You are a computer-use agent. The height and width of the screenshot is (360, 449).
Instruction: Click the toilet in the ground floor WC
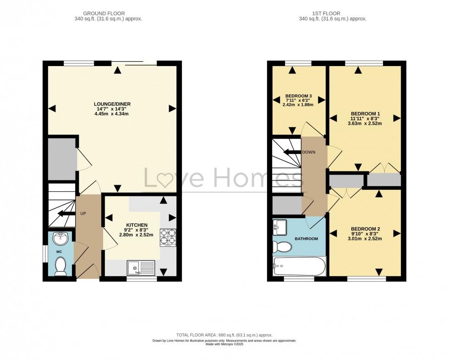click(60, 266)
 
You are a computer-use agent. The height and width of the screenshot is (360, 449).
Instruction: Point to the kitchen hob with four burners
click(168, 237)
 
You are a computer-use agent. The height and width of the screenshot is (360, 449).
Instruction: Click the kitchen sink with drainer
click(141, 267)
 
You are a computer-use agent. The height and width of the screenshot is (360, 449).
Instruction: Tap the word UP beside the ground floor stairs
click(83, 214)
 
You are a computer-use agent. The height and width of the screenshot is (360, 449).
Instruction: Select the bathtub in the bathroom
click(299, 266)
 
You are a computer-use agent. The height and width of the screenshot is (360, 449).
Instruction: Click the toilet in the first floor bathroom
click(281, 247)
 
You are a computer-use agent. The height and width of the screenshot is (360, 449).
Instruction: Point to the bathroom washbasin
click(279, 227)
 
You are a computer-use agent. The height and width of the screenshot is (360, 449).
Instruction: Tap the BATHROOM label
click(306, 238)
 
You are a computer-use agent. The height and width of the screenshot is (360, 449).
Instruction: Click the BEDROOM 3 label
click(298, 96)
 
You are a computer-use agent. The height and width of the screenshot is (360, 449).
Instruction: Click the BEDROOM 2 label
click(366, 229)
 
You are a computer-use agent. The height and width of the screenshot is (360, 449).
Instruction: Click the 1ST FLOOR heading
click(332, 14)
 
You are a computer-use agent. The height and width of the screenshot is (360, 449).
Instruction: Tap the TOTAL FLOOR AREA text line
click(224, 335)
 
